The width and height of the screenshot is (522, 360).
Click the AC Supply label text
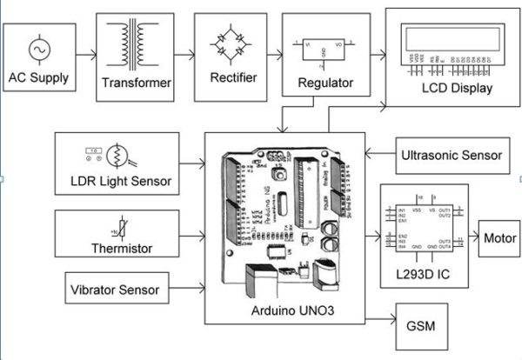(x=38, y=77)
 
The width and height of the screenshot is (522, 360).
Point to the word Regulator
(x=325, y=83)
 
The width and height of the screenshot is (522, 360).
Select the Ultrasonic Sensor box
(x=451, y=155)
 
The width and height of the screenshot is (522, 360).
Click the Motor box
(x=499, y=237)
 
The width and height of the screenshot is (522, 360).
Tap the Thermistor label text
(x=122, y=248)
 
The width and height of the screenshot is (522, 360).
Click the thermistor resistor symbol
(x=113, y=228)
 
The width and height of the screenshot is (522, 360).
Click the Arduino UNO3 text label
(x=284, y=310)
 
